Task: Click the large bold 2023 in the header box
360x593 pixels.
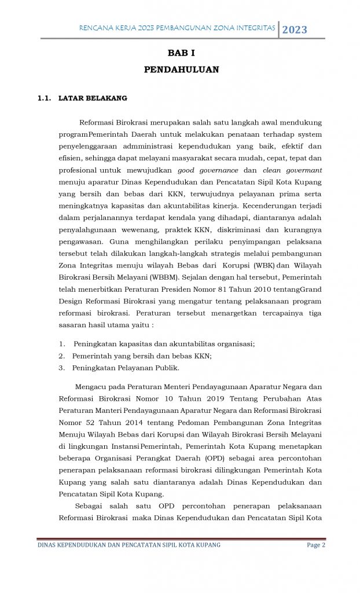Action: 295,30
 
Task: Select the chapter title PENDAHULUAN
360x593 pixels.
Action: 181,69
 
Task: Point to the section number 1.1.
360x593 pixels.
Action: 45,98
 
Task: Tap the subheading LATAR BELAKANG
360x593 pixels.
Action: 93,98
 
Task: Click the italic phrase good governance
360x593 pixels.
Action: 208,170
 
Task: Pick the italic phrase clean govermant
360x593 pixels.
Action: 292,170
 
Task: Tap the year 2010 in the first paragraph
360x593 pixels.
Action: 243,290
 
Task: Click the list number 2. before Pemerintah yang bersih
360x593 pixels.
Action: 62,356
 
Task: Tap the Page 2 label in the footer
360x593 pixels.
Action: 315,545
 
